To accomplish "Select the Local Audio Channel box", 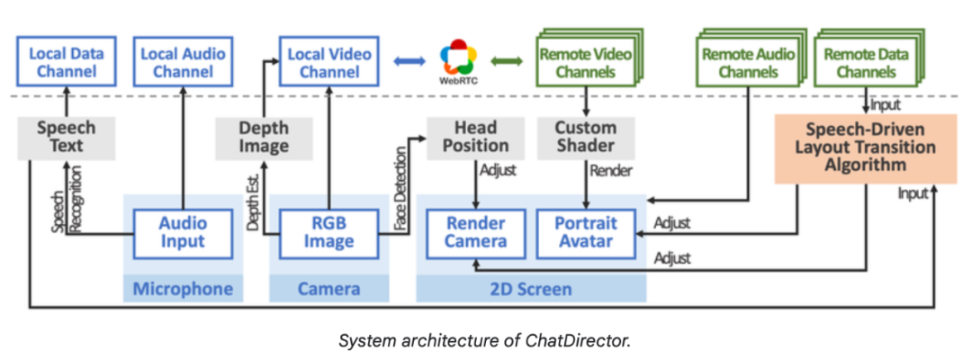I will click(183, 61).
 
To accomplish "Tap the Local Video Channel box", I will click(328, 61).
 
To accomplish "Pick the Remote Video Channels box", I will click(583, 63).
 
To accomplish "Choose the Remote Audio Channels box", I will click(744, 63).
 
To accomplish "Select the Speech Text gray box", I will click(66, 138).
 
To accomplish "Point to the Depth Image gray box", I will click(264, 138).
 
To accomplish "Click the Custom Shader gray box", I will click(585, 138).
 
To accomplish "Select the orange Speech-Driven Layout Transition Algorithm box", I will click(854, 147).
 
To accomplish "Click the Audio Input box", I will click(183, 233).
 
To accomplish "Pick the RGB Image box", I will click(328, 233).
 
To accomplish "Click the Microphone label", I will click(183, 289).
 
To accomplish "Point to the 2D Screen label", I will click(531, 289).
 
